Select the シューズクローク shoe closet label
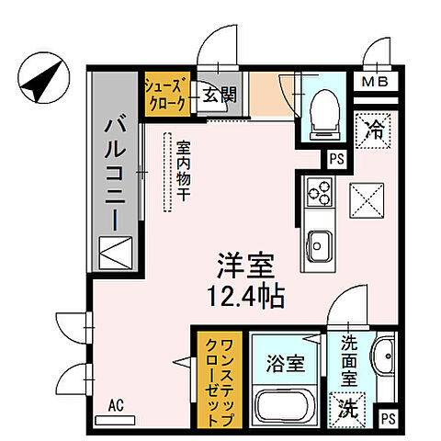coord(166,94)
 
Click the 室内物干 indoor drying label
coord(183,171)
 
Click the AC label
coord(116,404)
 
